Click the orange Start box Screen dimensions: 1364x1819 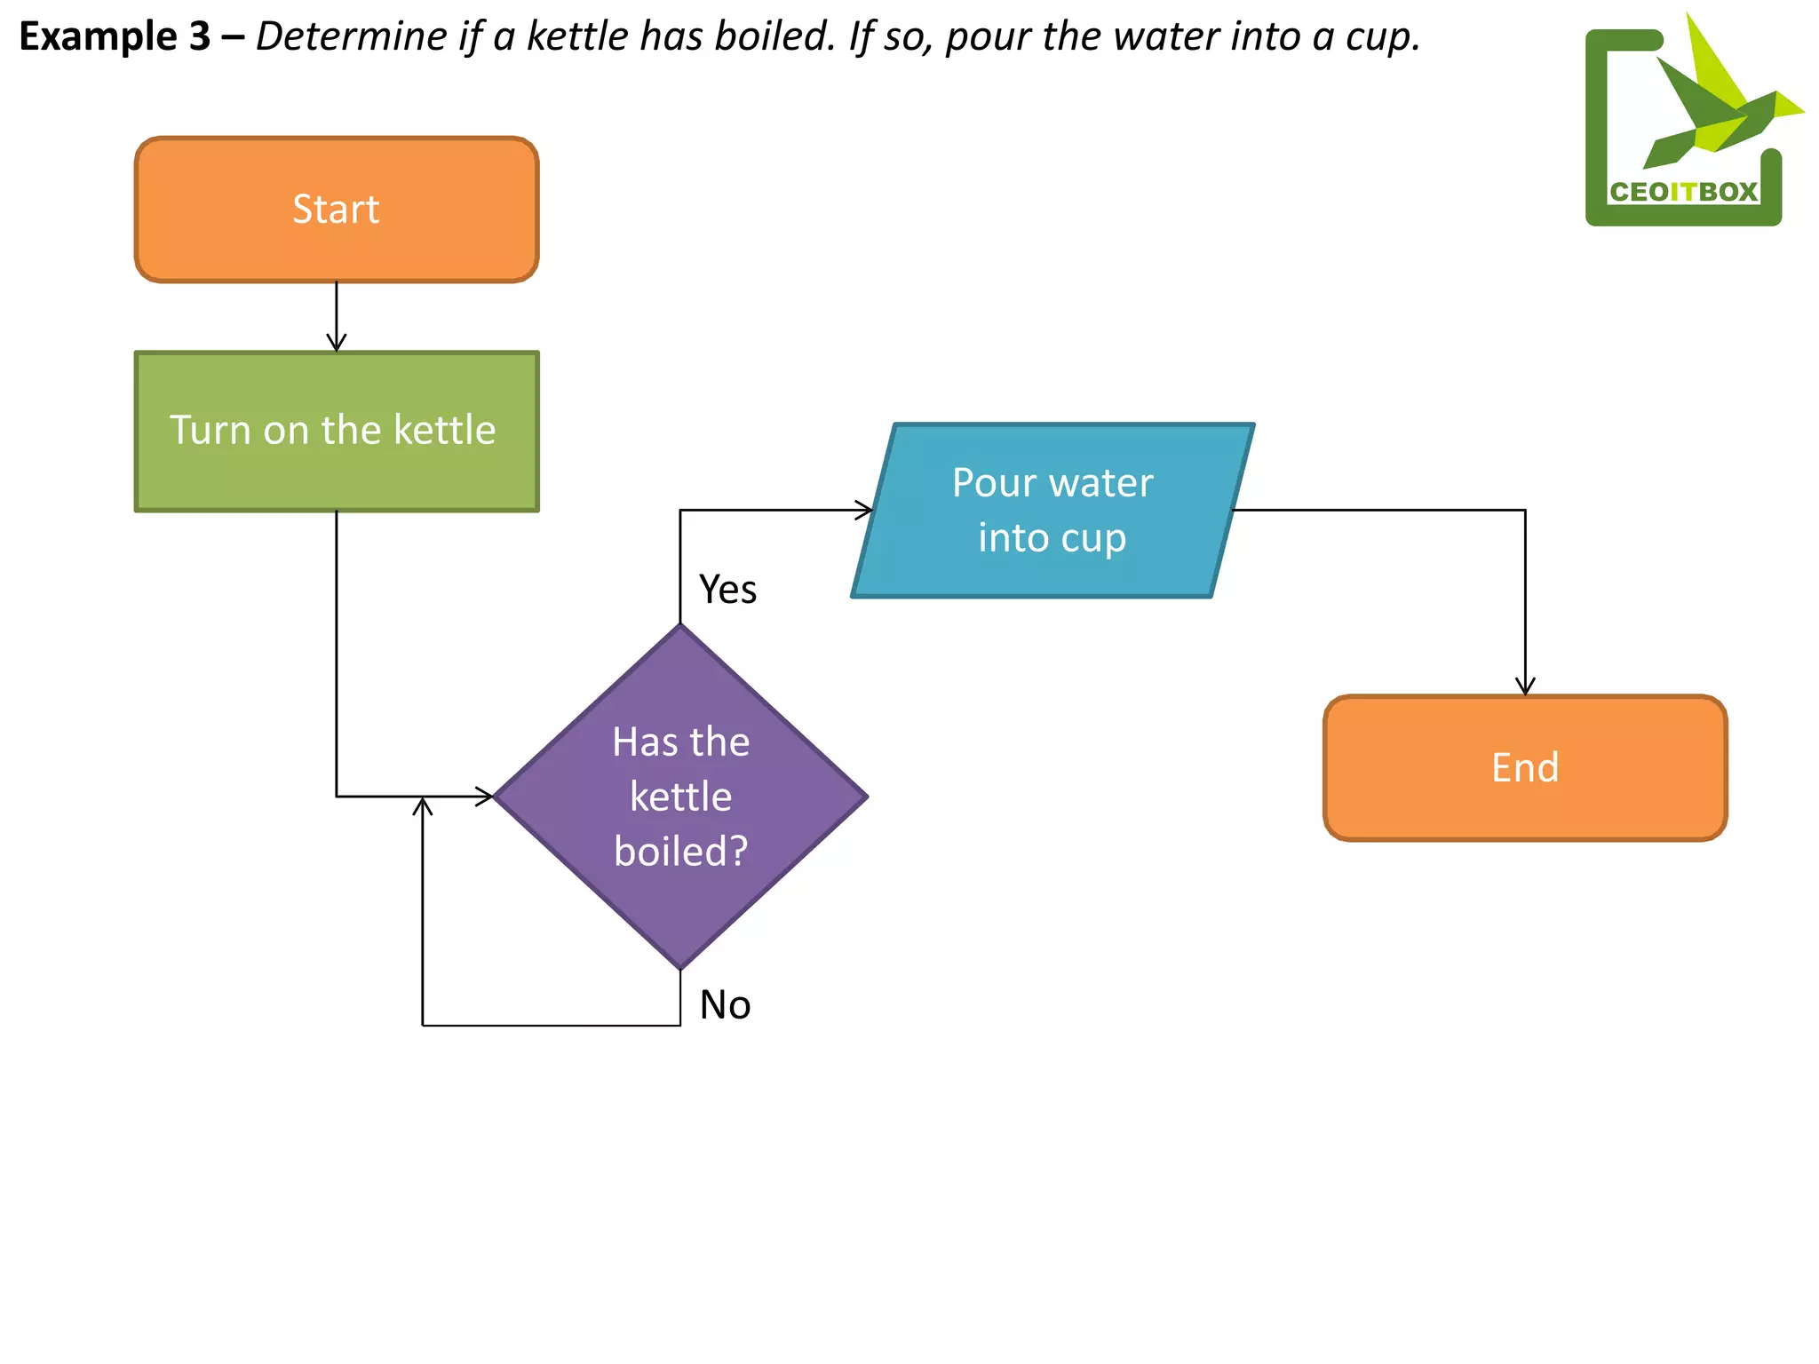(x=336, y=210)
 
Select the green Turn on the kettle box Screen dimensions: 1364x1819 (x=336, y=431)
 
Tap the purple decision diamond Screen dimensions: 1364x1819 (x=680, y=797)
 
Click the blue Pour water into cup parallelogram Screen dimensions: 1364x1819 (x=1052, y=510)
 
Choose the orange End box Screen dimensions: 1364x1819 (x=1524, y=767)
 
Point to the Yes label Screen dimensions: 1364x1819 (x=727, y=590)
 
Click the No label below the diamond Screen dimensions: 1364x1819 (x=725, y=1005)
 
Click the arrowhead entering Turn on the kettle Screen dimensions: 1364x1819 (x=336, y=344)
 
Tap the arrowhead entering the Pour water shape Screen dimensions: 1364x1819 (x=864, y=510)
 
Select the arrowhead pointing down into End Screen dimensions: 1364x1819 (x=1525, y=686)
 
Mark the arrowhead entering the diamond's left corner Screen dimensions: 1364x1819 (x=485, y=796)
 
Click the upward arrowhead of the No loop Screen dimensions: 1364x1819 (x=423, y=805)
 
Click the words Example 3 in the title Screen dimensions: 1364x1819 (x=115, y=36)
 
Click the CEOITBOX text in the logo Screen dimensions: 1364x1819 (x=1683, y=192)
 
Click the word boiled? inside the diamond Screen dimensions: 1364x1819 (x=680, y=852)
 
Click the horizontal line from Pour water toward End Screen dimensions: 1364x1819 (x=1377, y=510)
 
